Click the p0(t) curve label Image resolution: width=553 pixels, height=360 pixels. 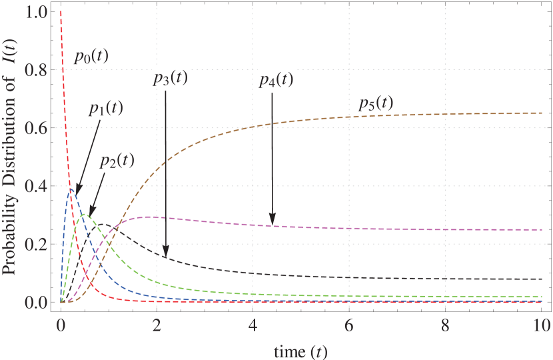click(91, 56)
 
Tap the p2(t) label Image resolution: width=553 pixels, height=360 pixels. click(117, 160)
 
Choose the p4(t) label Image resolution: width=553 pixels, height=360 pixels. click(276, 79)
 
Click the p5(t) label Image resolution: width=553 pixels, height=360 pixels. click(376, 103)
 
